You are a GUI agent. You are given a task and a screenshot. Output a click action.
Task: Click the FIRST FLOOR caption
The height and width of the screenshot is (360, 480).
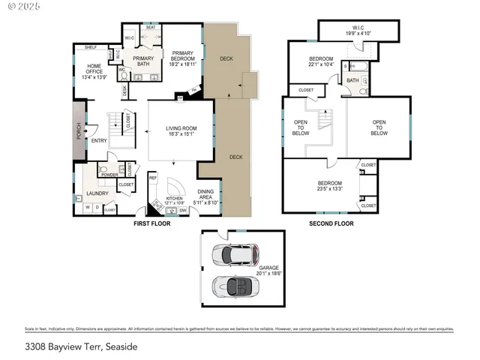point(151,223)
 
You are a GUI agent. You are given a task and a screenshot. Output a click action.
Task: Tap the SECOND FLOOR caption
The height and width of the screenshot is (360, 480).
point(331,223)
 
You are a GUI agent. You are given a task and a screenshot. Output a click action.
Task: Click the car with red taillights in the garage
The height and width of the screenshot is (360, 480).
point(234,255)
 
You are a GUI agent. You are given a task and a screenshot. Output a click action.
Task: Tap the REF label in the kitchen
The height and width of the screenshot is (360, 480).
point(151,178)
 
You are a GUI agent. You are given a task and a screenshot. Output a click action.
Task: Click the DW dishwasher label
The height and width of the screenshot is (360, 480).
point(183,211)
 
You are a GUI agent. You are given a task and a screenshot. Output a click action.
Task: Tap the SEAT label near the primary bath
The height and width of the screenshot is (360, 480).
point(151,27)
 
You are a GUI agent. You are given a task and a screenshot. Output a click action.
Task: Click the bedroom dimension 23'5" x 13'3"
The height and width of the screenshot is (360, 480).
point(329,189)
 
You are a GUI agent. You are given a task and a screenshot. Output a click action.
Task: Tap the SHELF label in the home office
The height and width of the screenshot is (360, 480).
point(91,46)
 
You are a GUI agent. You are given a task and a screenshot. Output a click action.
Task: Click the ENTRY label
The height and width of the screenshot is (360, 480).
point(99,140)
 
